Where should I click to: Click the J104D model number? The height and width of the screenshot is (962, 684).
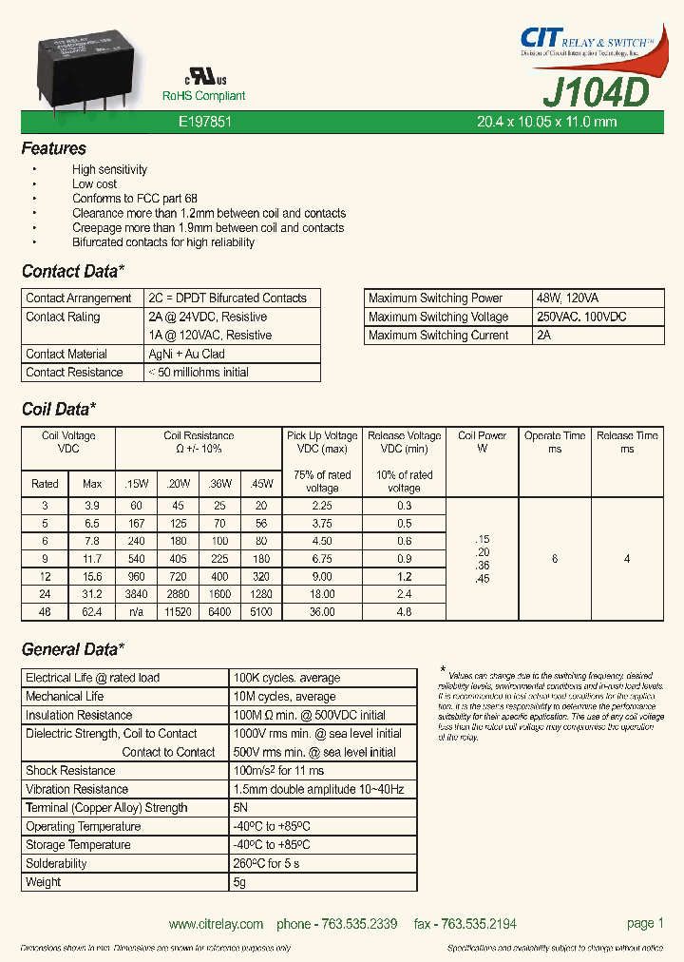pyautogui.click(x=596, y=92)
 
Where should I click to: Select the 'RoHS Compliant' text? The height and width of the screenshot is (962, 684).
pyautogui.click(x=203, y=96)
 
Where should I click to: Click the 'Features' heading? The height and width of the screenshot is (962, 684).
pyautogui.click(x=53, y=149)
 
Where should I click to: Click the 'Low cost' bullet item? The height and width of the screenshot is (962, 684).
pyautogui.click(x=94, y=184)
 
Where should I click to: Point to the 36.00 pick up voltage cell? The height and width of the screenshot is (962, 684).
pyautogui.click(x=322, y=612)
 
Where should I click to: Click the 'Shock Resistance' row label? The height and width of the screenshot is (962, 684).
pyautogui.click(x=70, y=771)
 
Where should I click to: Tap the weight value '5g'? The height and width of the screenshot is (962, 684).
pyautogui.click(x=239, y=882)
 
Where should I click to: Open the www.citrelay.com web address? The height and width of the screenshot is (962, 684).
pyautogui.click(x=216, y=924)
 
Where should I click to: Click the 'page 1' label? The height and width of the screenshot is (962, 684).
pyautogui.click(x=645, y=923)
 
